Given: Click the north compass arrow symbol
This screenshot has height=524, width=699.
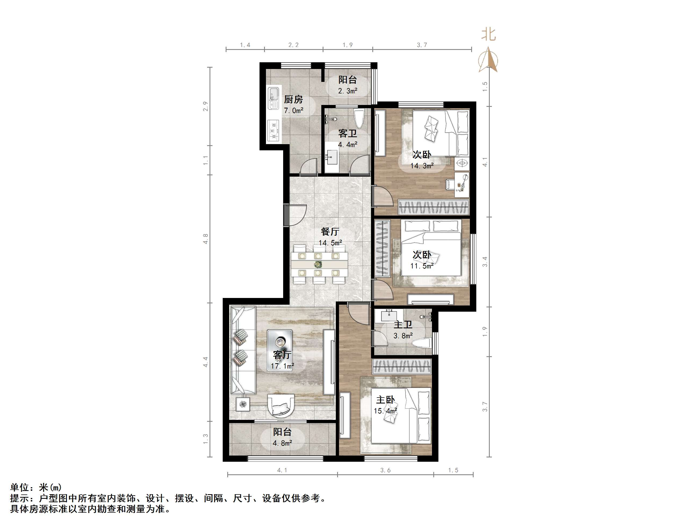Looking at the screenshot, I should [488, 60].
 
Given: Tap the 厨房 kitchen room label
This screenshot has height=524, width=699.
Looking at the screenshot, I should [293, 100].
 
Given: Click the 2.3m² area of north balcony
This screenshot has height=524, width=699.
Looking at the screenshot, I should [348, 91].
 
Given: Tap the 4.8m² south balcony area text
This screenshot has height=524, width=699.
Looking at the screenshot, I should [282, 443].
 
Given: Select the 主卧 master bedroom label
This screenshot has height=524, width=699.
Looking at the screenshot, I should [385, 400].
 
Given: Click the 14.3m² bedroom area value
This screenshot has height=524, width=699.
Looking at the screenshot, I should [422, 166].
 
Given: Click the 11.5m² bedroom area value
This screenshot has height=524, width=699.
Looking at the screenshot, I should [422, 266].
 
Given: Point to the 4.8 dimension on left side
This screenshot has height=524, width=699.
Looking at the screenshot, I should [206, 239].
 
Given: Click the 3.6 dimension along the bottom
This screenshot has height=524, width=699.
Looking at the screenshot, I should [385, 470].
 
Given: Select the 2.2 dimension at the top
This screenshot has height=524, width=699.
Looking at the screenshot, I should [293, 45].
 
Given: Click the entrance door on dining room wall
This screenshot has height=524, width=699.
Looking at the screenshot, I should [287, 215].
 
